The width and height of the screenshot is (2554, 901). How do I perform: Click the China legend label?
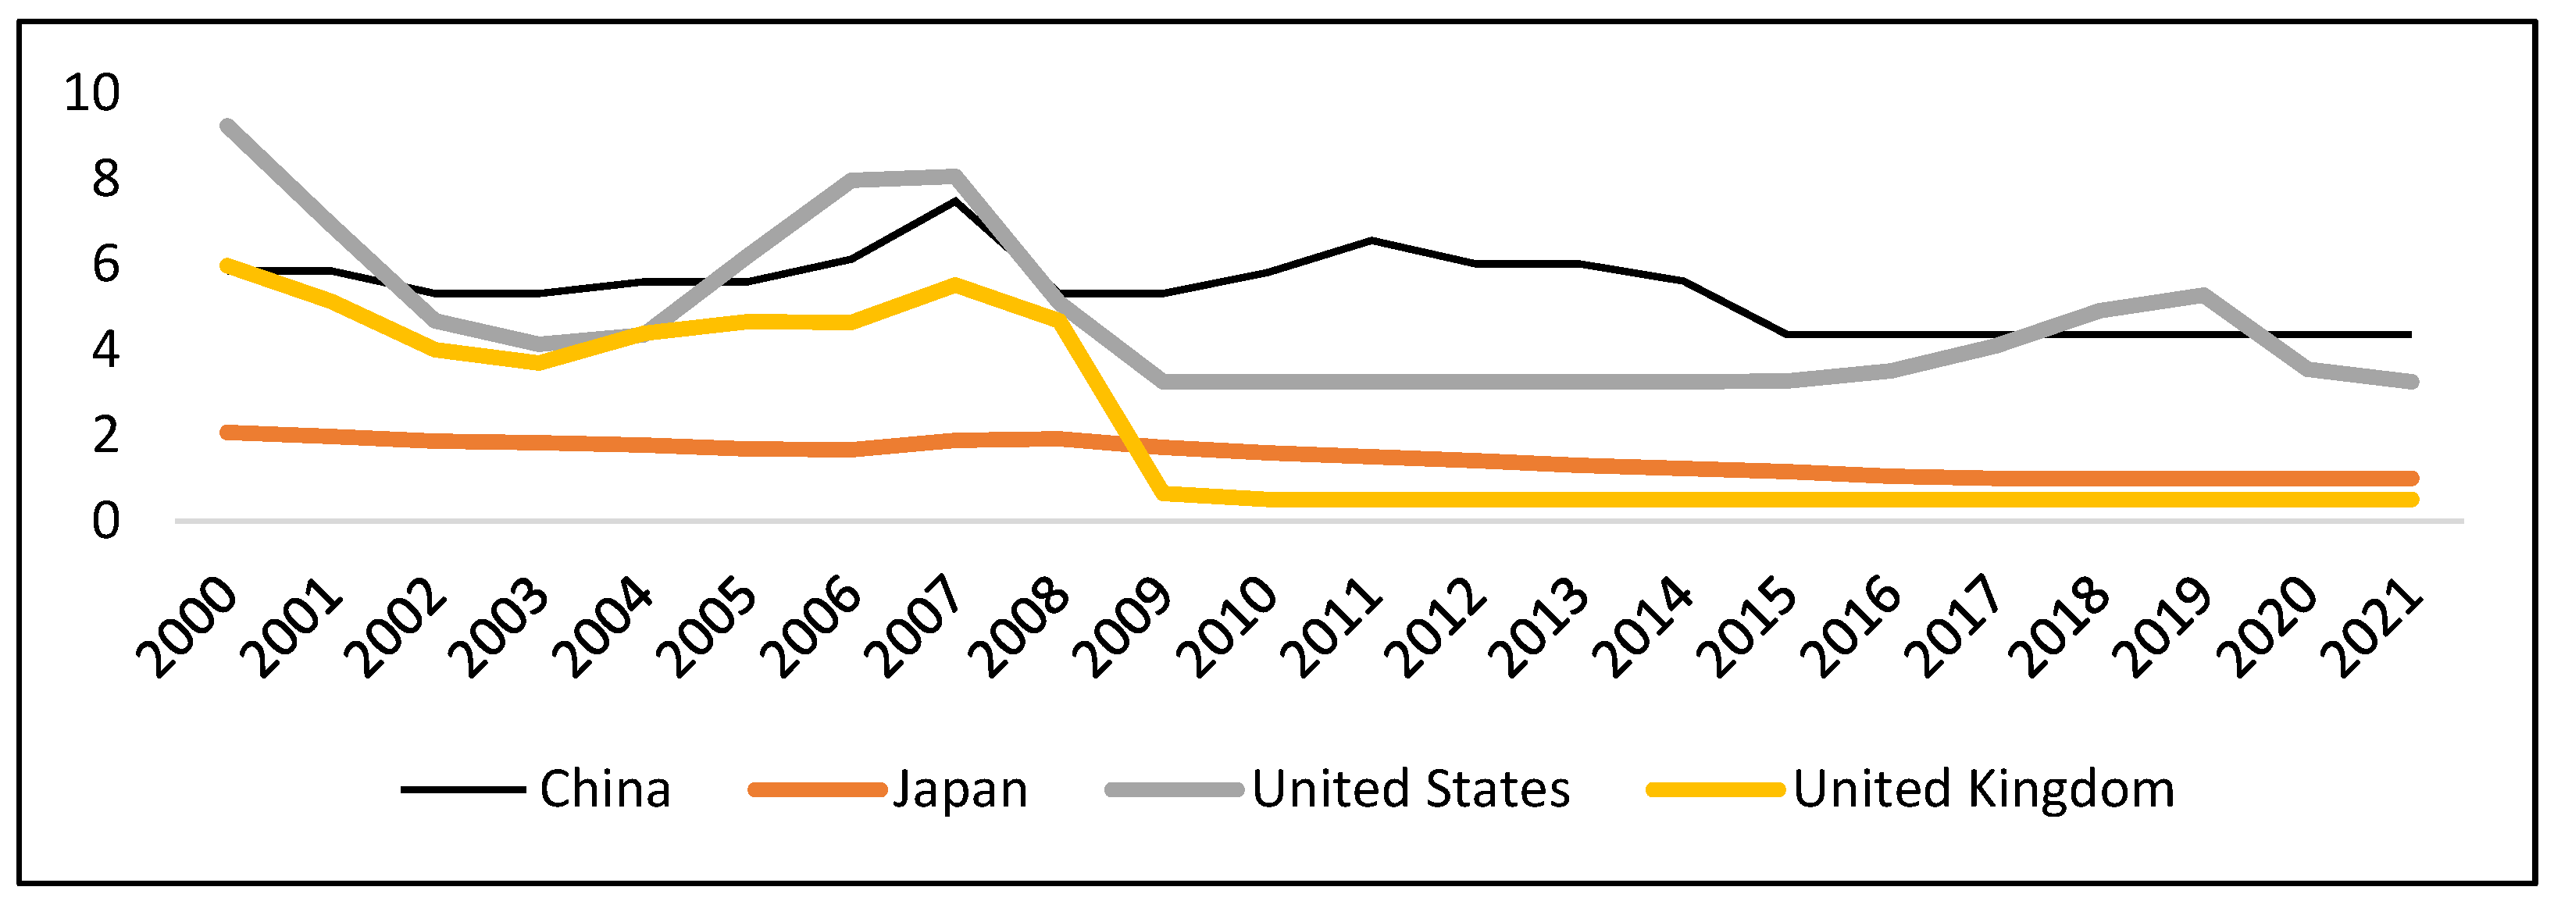[x=605, y=789]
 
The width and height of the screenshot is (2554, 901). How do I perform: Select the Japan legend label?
[x=960, y=789]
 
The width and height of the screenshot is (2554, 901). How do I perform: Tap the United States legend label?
[x=1410, y=789]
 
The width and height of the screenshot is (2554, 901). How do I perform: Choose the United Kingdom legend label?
[x=1983, y=789]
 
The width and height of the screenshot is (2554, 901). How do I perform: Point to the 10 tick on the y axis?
[x=91, y=92]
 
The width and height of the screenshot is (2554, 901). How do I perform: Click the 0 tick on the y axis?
[x=105, y=522]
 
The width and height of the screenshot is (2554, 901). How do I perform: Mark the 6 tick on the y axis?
[x=105, y=265]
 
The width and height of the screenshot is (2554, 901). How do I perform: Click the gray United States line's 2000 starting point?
[x=228, y=126]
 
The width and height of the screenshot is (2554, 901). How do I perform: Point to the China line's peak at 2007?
[x=954, y=201]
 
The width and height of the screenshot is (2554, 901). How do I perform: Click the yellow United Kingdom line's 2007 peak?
[x=954, y=284]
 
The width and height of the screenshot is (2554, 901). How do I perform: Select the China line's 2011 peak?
[x=1370, y=240]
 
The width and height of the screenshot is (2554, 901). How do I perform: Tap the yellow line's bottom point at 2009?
[x=1162, y=493]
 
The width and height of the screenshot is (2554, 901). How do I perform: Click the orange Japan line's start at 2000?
[x=228, y=433]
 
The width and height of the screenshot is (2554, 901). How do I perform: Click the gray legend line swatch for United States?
[x=1174, y=790]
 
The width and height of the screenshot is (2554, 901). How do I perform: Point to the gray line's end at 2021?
[x=2411, y=382]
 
